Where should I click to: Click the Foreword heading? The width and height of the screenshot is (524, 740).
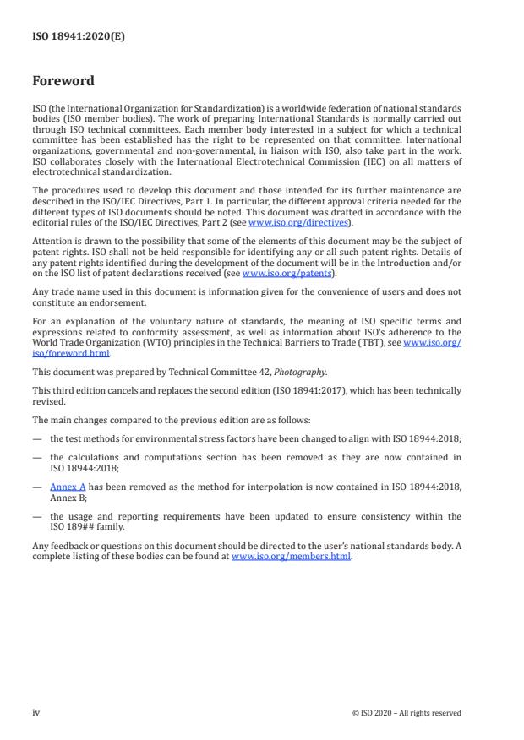pyautogui.click(x=63, y=82)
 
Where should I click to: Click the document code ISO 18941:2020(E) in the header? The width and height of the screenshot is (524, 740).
pyautogui.click(x=78, y=37)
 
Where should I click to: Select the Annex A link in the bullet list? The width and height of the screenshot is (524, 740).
pyautogui.click(x=63, y=487)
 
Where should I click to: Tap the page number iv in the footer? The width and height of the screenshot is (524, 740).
pyautogui.click(x=36, y=712)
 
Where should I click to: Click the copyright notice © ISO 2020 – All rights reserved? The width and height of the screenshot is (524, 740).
pyautogui.click(x=407, y=713)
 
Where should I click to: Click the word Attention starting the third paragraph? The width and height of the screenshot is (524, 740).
pyautogui.click(x=50, y=240)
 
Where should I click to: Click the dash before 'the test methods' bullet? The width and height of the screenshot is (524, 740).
pyautogui.click(x=37, y=438)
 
